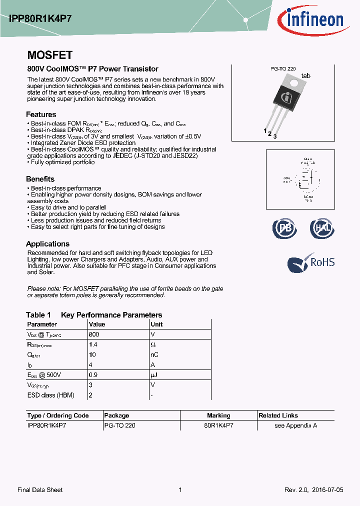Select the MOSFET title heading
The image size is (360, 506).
[49, 55]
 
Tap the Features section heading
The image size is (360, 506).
[41, 114]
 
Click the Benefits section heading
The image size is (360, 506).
[40, 179]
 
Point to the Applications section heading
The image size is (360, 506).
[47, 244]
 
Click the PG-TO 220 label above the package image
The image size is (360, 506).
[283, 69]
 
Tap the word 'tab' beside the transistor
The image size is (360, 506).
[305, 76]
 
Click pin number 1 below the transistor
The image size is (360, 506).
[265, 131]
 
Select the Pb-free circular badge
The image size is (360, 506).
[284, 228]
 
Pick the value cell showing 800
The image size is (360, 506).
[94, 334]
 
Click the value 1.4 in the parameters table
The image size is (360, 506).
[92, 344]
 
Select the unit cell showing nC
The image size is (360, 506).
[154, 354]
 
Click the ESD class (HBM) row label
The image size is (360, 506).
[50, 395]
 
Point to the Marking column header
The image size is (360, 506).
[218, 415]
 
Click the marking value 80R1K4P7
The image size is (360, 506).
[218, 425]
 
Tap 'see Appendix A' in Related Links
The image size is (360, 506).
[296, 425]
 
